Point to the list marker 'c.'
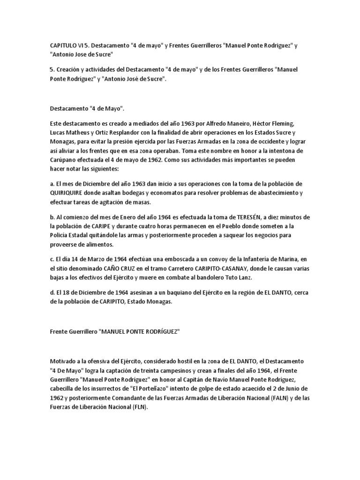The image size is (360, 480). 52,260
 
